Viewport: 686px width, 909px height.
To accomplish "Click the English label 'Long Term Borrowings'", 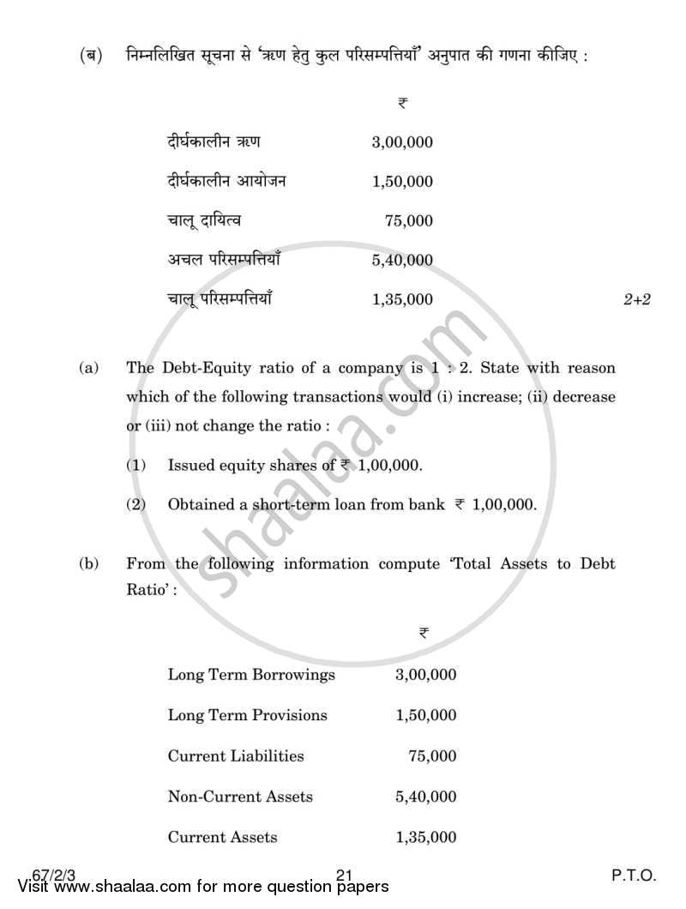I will (251, 675).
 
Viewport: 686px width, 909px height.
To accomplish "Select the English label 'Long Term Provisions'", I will (247, 715).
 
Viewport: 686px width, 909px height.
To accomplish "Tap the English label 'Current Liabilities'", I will (236, 756).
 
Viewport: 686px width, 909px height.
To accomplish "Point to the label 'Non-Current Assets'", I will (240, 797).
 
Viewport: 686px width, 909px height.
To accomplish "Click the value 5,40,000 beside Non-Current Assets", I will (426, 797).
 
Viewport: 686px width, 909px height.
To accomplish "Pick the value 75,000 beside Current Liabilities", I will (433, 756).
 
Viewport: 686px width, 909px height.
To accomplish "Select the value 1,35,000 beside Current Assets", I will (426, 837).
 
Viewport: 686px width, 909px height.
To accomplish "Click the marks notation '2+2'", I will (637, 299).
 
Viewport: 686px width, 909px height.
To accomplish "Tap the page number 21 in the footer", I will (345, 876).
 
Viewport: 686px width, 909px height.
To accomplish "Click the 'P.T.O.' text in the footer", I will (634, 876).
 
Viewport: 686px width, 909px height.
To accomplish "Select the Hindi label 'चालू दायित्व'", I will (204, 220).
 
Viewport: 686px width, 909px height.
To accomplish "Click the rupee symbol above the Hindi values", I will (402, 102).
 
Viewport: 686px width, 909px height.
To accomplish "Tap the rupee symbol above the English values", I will (424, 633).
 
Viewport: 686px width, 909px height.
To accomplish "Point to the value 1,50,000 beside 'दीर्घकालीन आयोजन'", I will (402, 181).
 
